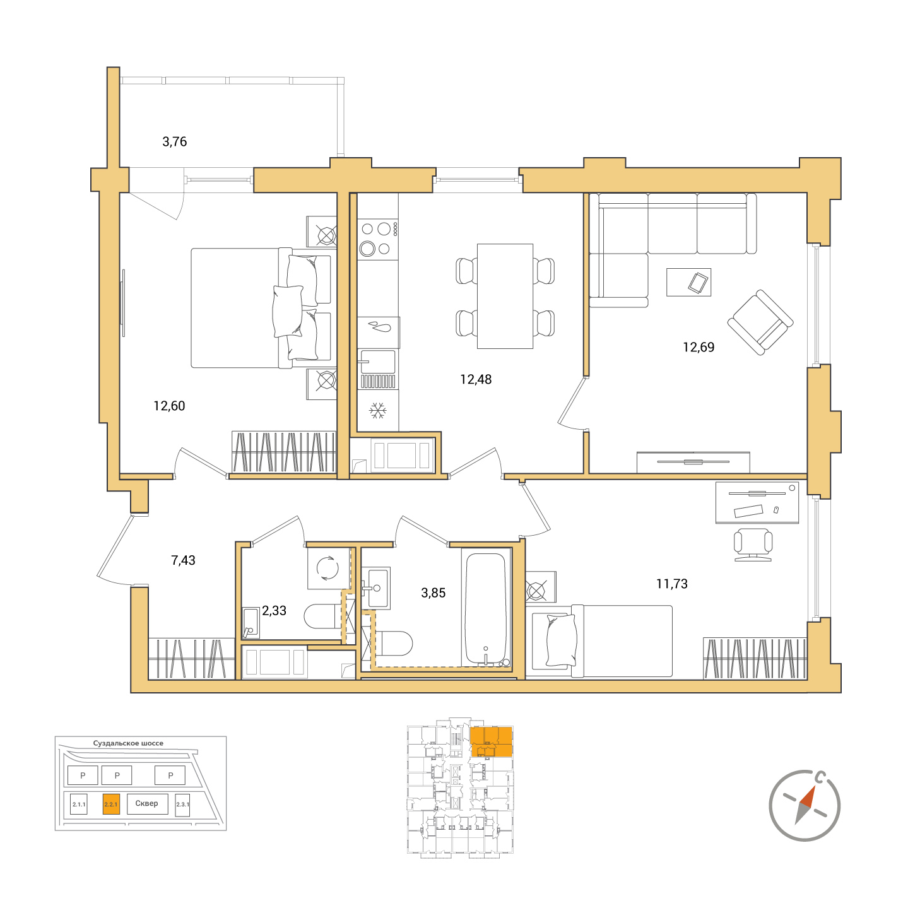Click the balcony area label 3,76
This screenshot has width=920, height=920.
pyautogui.click(x=174, y=142)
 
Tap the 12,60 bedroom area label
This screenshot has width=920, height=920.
pyautogui.click(x=169, y=406)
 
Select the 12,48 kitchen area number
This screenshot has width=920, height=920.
pyautogui.click(x=476, y=380)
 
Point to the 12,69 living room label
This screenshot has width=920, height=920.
pyautogui.click(x=699, y=347)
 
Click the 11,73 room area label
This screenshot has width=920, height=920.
pyautogui.click(x=672, y=584)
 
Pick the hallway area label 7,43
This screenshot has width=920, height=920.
pyautogui.click(x=183, y=560)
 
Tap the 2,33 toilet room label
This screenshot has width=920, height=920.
pyautogui.click(x=274, y=610)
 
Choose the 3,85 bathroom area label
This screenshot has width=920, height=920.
pyautogui.click(x=433, y=593)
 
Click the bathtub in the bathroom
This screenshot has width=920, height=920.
pyautogui.click(x=486, y=608)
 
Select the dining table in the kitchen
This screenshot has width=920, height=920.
pyautogui.click(x=505, y=296)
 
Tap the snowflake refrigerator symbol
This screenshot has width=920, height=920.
pyautogui.click(x=377, y=411)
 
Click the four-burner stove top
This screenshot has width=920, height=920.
pyautogui.click(x=377, y=239)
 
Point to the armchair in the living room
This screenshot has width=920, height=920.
pyautogui.click(x=760, y=322)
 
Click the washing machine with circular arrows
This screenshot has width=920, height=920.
pyautogui.click(x=329, y=568)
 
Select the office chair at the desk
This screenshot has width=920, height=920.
pyautogui.click(x=753, y=545)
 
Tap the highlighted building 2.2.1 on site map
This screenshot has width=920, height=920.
pyautogui.click(x=111, y=804)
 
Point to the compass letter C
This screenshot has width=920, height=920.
pyautogui.click(x=819, y=778)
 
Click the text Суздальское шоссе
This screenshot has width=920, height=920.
pyautogui.click(x=128, y=743)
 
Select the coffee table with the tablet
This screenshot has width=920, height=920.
pyautogui.click(x=688, y=282)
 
